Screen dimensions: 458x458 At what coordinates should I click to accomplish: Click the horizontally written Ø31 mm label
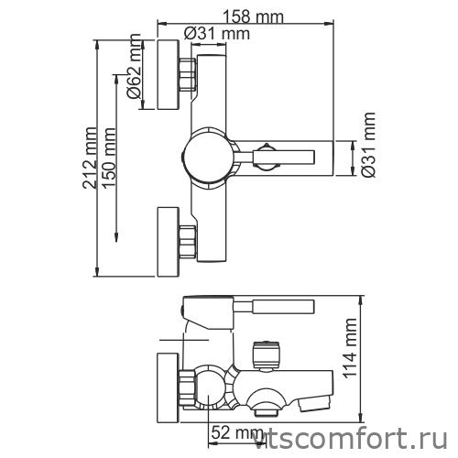(217, 34)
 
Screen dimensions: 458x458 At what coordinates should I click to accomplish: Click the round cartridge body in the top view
(211, 157)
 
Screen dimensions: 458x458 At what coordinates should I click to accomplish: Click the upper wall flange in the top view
(168, 74)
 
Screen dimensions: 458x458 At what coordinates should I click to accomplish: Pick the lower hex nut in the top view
(188, 240)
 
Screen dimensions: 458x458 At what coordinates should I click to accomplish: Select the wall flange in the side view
(168, 385)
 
